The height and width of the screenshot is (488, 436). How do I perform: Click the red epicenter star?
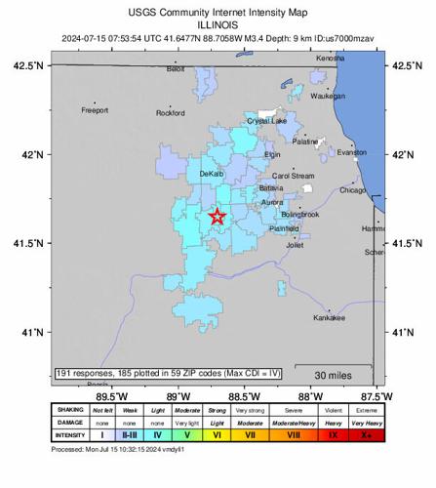pyautogui.click(x=217, y=217)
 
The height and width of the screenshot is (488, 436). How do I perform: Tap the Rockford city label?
pyautogui.click(x=170, y=113)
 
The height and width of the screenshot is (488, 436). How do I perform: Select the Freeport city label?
pyautogui.click(x=95, y=110)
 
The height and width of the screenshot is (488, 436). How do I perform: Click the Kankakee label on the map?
pyautogui.click(x=329, y=319)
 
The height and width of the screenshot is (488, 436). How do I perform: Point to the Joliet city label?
pyautogui.click(x=294, y=245)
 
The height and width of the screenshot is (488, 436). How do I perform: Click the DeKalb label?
pyautogui.click(x=212, y=174)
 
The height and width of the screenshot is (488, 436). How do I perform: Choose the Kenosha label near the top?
pyautogui.click(x=330, y=59)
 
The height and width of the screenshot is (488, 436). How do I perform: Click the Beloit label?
pyautogui.click(x=176, y=69)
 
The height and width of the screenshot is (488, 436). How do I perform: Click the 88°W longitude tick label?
pyautogui.click(x=310, y=397)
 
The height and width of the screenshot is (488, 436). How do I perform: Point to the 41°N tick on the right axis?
pyautogui.click(x=403, y=333)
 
